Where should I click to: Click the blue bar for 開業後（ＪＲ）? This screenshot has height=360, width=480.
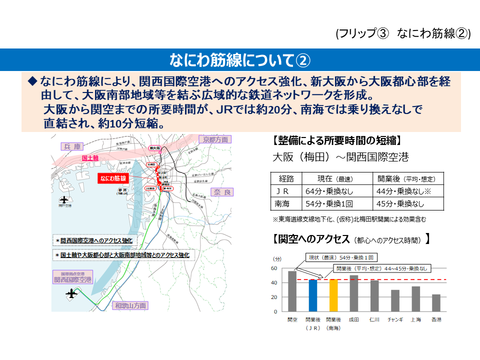313,295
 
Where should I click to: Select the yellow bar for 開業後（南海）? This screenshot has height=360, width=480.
333,295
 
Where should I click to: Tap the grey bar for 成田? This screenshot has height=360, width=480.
354,293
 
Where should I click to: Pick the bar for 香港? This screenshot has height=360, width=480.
436,303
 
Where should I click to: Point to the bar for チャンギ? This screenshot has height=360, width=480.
395,300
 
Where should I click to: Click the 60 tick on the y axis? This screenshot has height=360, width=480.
273,268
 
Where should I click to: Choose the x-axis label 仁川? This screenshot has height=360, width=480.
374,319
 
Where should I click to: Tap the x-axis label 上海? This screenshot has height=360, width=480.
415,319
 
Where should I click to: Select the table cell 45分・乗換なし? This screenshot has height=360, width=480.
400,203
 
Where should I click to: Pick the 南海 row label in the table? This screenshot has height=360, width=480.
282,203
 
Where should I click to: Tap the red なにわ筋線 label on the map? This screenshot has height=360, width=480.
113,178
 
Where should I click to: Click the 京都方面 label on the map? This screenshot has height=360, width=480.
215,139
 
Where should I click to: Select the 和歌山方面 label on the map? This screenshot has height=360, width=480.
130,305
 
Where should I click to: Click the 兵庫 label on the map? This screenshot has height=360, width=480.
72,146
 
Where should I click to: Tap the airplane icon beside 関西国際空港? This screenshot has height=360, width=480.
73,293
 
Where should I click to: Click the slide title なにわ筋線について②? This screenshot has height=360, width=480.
240,60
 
